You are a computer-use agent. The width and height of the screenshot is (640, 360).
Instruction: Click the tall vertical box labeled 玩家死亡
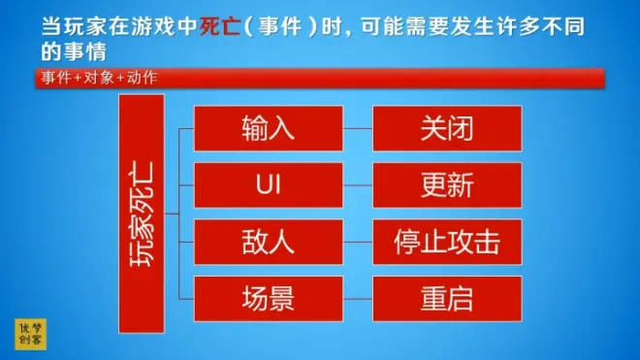[142, 213]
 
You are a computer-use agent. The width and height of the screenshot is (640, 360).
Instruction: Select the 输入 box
[269, 128]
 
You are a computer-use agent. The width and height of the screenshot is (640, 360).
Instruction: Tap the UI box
[269, 185]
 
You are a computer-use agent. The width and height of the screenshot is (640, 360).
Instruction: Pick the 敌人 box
[269, 242]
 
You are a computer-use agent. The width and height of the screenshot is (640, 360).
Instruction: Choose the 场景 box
[269, 299]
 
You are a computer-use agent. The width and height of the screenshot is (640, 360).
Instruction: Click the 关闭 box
[447, 128]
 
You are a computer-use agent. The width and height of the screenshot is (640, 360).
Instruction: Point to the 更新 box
[447, 185]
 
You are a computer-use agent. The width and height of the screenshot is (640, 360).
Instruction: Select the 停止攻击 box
[447, 242]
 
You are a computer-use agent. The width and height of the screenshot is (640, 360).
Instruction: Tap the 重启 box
[447, 299]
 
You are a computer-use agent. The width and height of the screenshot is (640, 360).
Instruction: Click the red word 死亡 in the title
[219, 27]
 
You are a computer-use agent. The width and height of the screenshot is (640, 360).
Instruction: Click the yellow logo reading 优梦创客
[31, 334]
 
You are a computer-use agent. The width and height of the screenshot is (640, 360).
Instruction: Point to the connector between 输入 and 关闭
[358, 128]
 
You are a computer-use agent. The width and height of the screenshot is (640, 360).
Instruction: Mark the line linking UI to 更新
[358, 185]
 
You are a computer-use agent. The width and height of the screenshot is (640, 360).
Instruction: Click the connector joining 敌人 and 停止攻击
[358, 242]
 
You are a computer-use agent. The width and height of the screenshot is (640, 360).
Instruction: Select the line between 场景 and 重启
[358, 299]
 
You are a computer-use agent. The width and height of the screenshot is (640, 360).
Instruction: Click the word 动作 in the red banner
[142, 78]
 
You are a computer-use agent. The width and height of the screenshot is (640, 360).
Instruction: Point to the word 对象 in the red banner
[99, 78]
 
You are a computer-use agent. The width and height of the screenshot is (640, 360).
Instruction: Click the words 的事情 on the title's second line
[74, 51]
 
